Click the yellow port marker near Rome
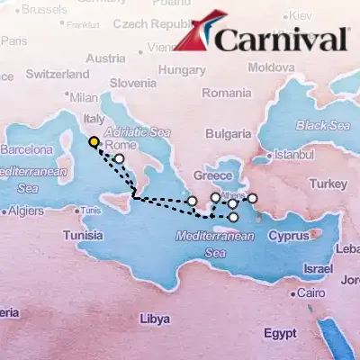(94, 141)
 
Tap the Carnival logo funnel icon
(193, 36)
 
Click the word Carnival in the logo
(282, 40)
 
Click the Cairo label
(310, 293)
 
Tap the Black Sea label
(322, 125)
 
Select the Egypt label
(280, 333)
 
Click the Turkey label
(321, 184)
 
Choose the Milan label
(83, 97)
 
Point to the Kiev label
(300, 16)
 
